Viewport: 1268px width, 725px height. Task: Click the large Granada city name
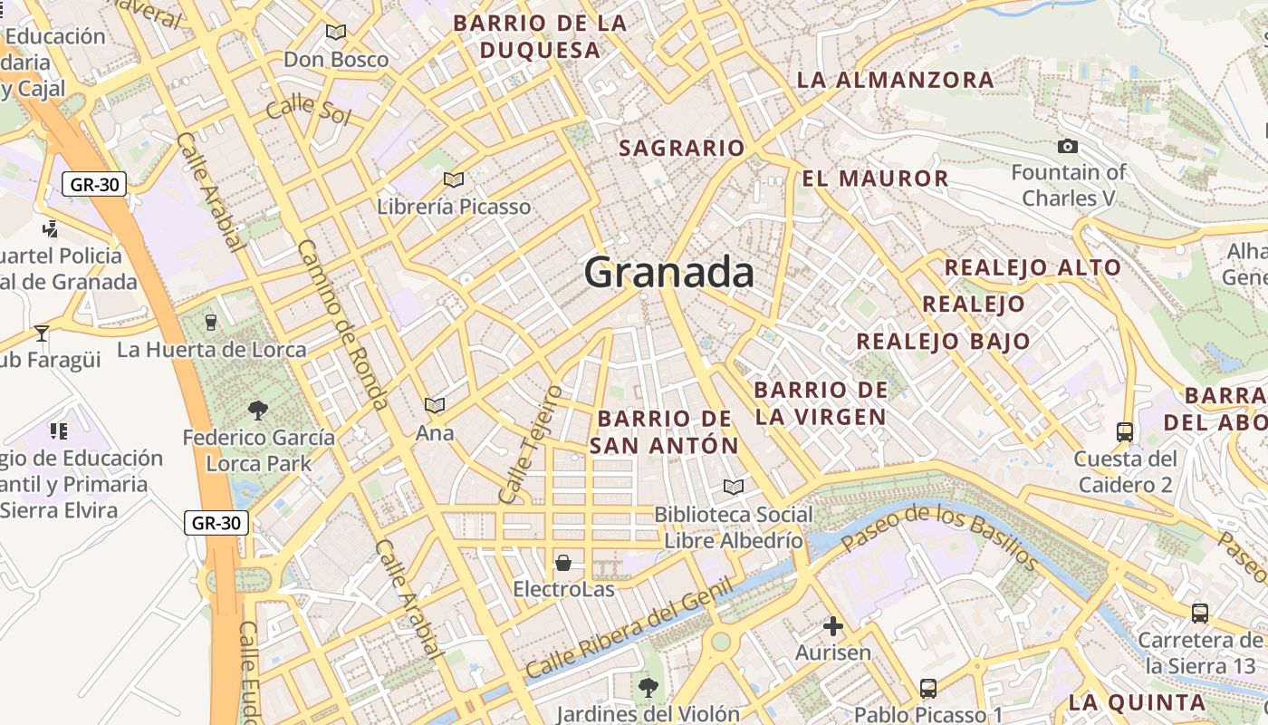(668, 271)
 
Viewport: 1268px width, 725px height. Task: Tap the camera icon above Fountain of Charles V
(1068, 146)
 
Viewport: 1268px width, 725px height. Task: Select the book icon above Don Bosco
(336, 33)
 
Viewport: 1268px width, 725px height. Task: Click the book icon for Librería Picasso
(454, 179)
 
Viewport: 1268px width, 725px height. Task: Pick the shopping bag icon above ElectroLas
(563, 563)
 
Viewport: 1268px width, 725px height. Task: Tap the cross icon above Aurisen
(832, 625)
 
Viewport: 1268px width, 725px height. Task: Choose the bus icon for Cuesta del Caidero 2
(1125, 431)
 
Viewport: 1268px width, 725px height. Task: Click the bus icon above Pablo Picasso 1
(927, 688)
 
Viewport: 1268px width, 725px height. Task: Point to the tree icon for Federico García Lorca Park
(258, 411)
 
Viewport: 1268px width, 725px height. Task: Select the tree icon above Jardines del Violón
(648, 687)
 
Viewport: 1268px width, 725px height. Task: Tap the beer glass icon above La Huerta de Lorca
(211, 322)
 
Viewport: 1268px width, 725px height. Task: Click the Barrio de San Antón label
(664, 431)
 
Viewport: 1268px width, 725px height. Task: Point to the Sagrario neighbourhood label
(681, 148)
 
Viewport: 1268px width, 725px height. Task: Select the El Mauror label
(875, 179)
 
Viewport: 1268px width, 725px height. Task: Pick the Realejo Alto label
(1033, 268)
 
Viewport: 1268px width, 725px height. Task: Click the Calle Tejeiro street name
(530, 444)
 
